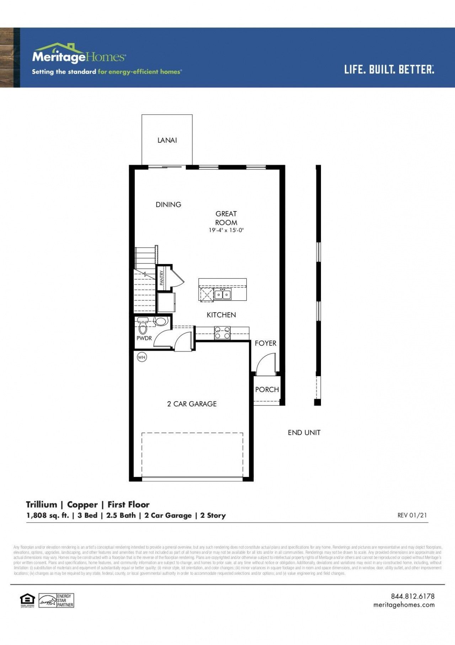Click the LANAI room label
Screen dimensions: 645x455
click(x=167, y=140)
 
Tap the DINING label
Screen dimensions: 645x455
click(x=168, y=205)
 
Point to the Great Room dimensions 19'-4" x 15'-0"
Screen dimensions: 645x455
click(x=226, y=230)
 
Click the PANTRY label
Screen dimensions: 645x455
click(x=162, y=278)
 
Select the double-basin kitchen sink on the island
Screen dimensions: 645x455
click(x=223, y=295)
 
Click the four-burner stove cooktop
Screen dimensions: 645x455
click(x=222, y=333)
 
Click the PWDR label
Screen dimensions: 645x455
click(x=144, y=338)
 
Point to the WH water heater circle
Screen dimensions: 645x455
click(x=142, y=357)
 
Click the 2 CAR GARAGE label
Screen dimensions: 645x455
click(x=192, y=404)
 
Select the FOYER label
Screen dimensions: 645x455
click(x=266, y=343)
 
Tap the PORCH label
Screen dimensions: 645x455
click(x=267, y=389)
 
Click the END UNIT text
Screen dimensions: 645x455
click(x=304, y=432)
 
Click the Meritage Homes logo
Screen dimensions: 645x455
click(x=79, y=54)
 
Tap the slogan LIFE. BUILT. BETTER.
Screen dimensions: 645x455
click(x=389, y=69)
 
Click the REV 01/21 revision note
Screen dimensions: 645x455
click(x=412, y=515)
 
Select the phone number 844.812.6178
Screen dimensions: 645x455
click(x=412, y=596)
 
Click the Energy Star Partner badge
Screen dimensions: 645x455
click(x=57, y=600)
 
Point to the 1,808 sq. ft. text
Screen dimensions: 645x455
click(x=48, y=515)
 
